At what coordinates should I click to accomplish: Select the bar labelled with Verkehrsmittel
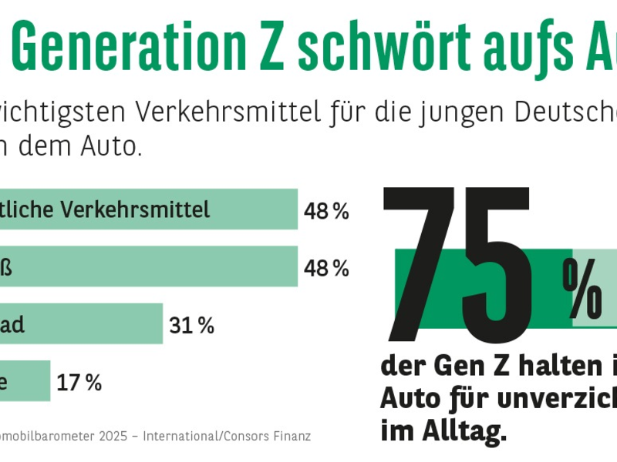coord(147,209)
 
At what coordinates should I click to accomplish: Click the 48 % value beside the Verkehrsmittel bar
coord(326,212)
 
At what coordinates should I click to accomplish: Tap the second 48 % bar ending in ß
coord(147,267)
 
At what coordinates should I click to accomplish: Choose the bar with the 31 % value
coord(81,324)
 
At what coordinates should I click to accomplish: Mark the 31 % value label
coord(191,326)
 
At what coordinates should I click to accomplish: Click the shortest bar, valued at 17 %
coord(25,381)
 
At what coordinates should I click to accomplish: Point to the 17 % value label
coord(79,383)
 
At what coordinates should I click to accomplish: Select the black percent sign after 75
coord(582,288)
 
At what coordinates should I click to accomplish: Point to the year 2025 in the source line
coord(108,437)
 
